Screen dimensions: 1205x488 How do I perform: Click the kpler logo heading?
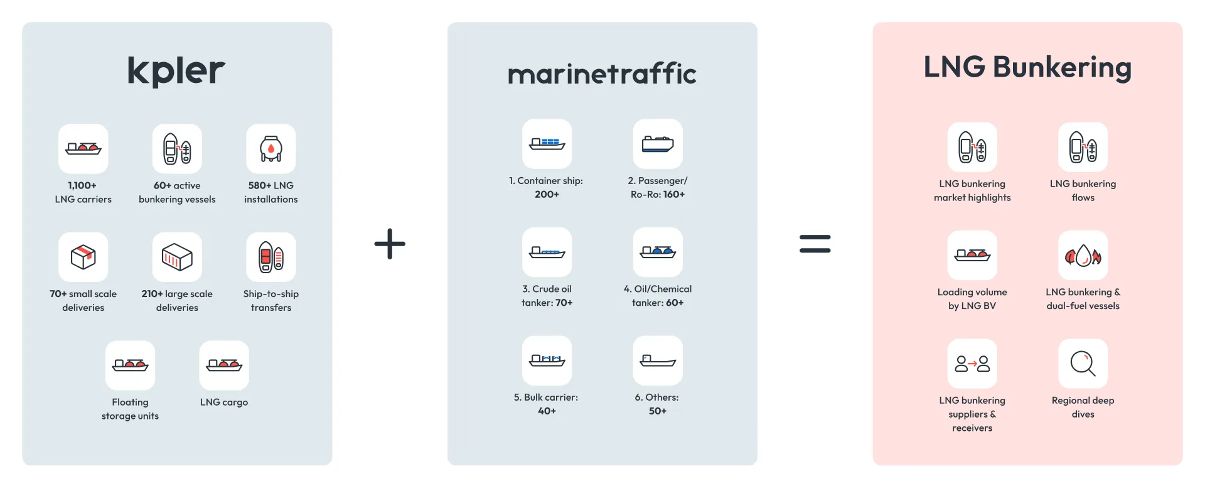pos(176,70)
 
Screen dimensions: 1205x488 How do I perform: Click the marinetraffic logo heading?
pos(602,74)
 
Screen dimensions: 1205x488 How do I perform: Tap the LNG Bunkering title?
pos(1027,67)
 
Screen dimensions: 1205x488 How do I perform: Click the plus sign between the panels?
pos(390,244)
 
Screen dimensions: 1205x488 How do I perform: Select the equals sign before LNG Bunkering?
pos(815,244)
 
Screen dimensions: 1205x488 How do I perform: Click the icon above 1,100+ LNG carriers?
pos(83,149)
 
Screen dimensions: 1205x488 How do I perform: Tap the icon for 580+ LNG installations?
pos(271,149)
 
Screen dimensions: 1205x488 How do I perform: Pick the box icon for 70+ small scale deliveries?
pos(83,257)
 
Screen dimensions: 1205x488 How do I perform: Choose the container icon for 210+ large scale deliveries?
pos(177,257)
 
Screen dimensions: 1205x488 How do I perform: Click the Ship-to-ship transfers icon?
pos(271,257)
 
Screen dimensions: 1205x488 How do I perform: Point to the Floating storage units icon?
pos(130,365)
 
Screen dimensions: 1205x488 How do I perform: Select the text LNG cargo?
pos(224,402)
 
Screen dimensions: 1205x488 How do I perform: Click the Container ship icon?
pos(547,144)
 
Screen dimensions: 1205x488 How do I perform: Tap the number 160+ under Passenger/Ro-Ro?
pos(674,195)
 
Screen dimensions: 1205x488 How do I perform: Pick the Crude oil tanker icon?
pos(547,252)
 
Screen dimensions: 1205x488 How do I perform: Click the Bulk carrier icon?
pos(547,361)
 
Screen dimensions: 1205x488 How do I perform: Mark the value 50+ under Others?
pos(658,411)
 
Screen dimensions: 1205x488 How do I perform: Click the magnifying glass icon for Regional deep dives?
pos(1083,364)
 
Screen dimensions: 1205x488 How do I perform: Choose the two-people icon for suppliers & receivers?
pos(972,364)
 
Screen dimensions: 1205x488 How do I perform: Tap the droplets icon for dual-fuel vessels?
pos(1083,256)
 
